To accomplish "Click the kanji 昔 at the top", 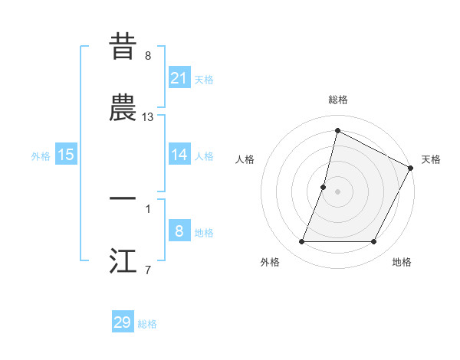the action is pos(123,47).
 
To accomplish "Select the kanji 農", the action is pos(123,110).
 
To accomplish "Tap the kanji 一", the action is pos(123,198).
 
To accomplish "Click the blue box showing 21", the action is pos(179,77).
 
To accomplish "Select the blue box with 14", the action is pos(179,155).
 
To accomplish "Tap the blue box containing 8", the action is pos(179,231).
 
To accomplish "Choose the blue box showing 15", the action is pos(66,155).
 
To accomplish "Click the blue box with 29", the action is pos(123,322).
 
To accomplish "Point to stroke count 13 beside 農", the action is pos(148,117).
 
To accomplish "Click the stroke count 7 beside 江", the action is pos(147,269).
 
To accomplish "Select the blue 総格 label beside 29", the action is pos(147,324).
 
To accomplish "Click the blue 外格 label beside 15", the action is pos(41,156).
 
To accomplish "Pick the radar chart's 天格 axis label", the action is pos(431,159).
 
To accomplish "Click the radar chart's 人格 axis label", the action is pos(245,159).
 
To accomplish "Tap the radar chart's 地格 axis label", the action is pos(402,262).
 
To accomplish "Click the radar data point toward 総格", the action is pos(337,131).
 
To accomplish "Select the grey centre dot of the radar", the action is pos(337,191).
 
